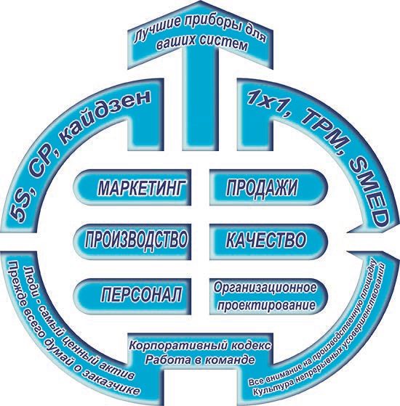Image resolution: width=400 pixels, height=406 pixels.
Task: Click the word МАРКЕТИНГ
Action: point(142,187)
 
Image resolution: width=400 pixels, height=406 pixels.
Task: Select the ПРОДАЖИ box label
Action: point(262,187)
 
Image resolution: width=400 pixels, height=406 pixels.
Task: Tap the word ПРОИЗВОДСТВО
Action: point(136,239)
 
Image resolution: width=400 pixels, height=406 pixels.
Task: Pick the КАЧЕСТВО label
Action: point(266,239)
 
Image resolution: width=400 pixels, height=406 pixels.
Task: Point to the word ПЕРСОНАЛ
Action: point(142,293)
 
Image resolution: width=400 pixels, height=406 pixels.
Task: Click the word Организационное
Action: point(265,288)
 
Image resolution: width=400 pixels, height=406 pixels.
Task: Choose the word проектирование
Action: point(266,305)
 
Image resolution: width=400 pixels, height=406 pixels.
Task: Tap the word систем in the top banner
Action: point(223,44)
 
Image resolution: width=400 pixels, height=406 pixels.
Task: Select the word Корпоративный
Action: point(178,346)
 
